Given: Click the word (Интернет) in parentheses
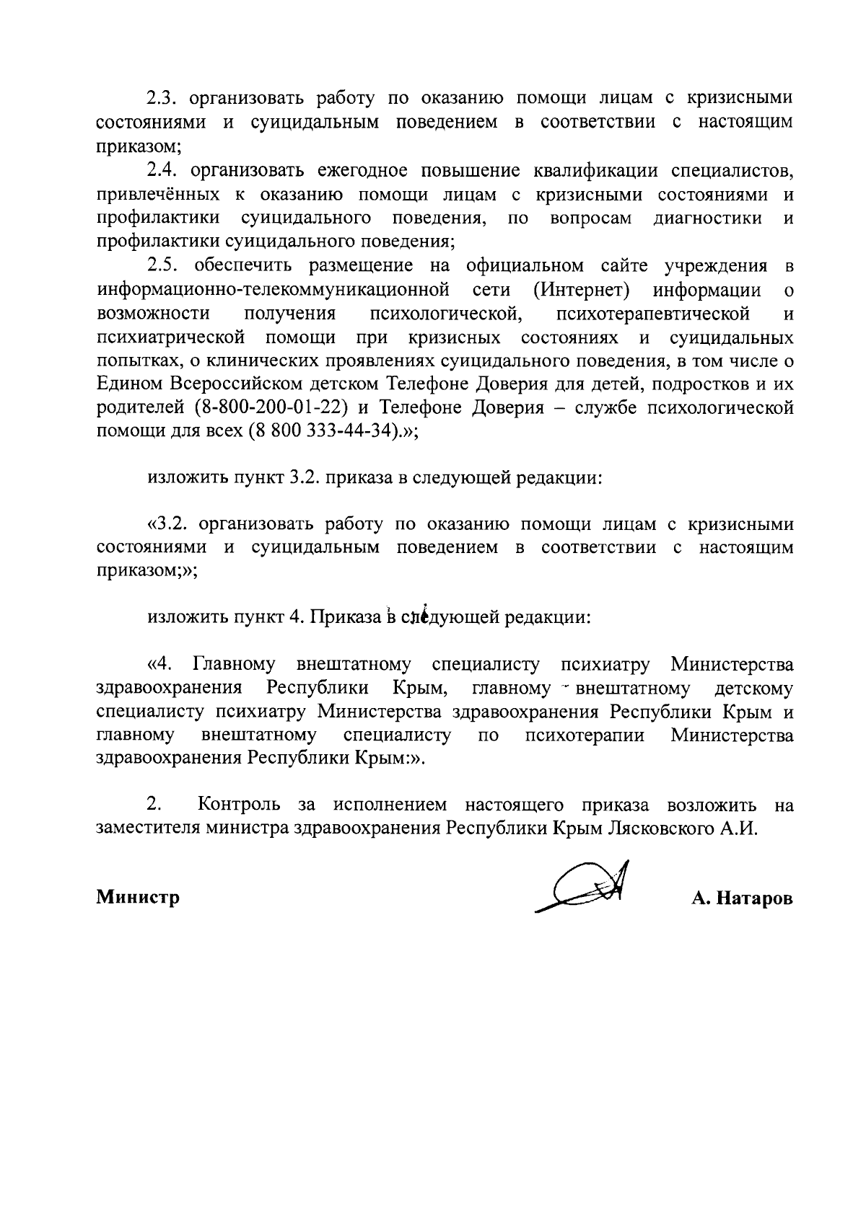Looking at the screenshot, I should tap(583, 290).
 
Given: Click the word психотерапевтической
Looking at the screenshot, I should tap(652, 314).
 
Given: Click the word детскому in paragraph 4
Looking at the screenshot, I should tap(753, 689).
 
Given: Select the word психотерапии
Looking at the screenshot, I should tap(585, 735).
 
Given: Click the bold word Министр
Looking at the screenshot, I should tap(138, 898).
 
